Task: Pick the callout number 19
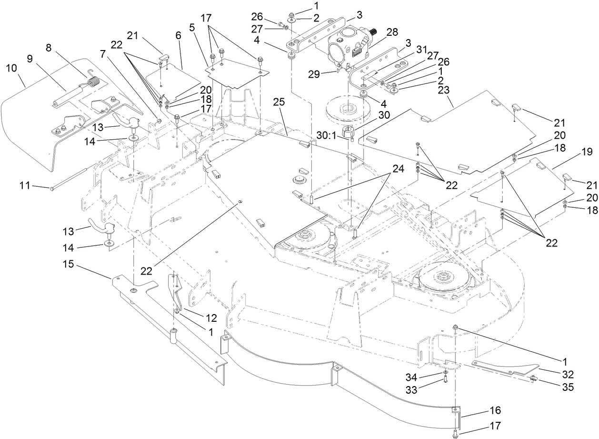pos(586,153)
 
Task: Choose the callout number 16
pos(494,410)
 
